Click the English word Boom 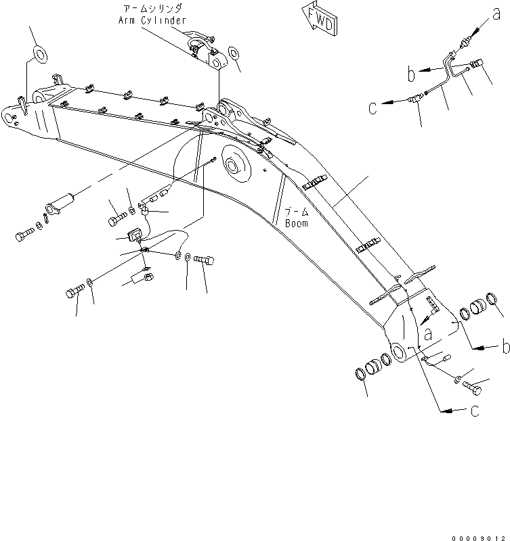[296, 222]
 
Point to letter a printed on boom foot [428, 334]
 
